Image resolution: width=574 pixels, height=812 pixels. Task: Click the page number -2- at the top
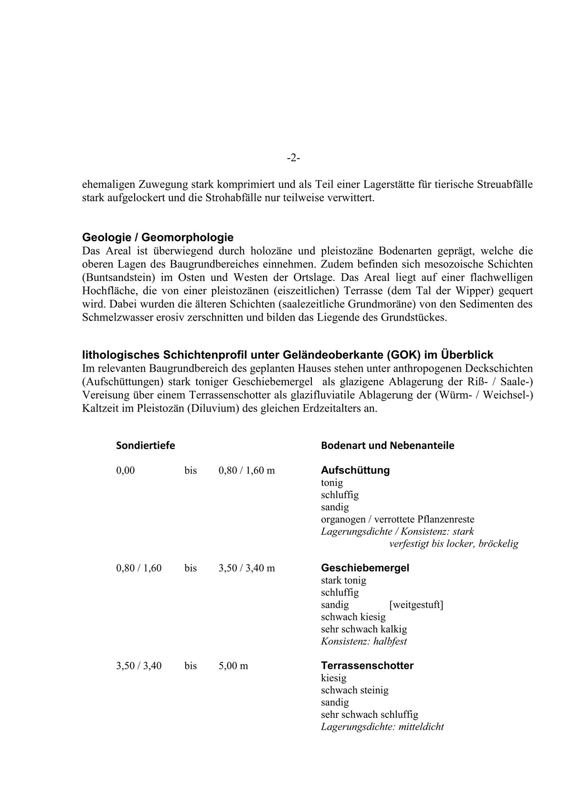point(293,158)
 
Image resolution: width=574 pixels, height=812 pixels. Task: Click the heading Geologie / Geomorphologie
point(158,237)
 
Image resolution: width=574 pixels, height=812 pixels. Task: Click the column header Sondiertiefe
point(146,446)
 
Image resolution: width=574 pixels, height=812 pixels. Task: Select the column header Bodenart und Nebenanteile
point(388,446)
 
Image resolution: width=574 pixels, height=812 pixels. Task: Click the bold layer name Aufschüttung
point(355,470)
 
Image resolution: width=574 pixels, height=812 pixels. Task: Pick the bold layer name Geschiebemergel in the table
point(365,568)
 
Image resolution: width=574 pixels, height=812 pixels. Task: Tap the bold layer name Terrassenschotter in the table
point(367,665)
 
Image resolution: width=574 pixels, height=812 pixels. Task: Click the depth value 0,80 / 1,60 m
point(247,470)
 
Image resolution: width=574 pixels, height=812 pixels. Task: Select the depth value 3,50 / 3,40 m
point(247,568)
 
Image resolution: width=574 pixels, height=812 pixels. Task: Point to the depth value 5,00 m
point(234,666)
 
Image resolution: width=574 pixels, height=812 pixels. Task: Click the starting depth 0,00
point(126,470)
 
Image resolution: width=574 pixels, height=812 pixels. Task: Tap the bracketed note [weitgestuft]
point(416,605)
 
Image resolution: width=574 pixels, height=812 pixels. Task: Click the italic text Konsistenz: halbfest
point(364,641)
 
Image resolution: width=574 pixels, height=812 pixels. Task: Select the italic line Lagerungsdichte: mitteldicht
point(383,727)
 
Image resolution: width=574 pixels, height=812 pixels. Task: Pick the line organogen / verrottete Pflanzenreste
point(398,519)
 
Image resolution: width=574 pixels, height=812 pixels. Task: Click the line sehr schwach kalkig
point(364,629)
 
